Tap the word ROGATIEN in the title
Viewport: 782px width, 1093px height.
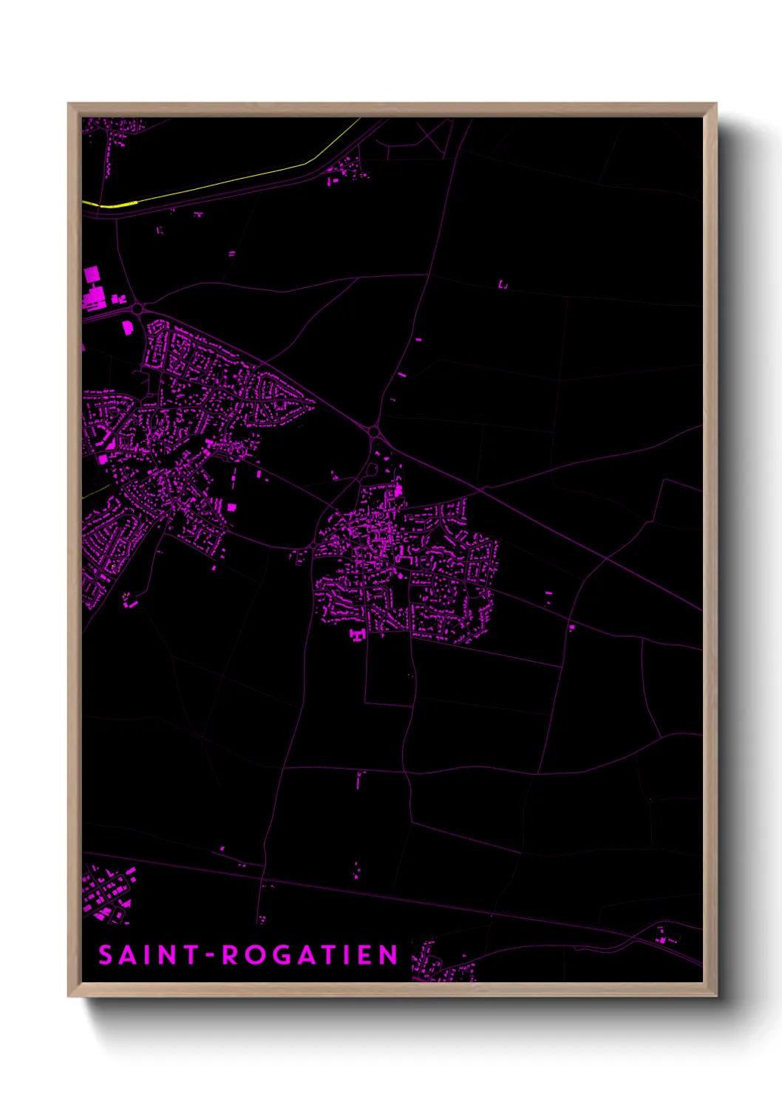[x=310, y=955]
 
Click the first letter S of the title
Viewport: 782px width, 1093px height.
[x=106, y=955]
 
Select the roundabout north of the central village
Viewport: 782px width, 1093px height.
[x=373, y=431]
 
